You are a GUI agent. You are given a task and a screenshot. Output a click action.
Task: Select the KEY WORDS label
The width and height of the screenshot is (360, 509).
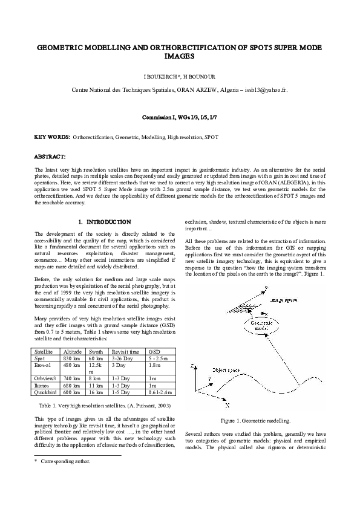pyautogui.click(x=52, y=137)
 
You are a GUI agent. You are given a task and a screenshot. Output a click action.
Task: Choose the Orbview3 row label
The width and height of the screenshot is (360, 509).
pyautogui.click(x=46, y=378)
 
